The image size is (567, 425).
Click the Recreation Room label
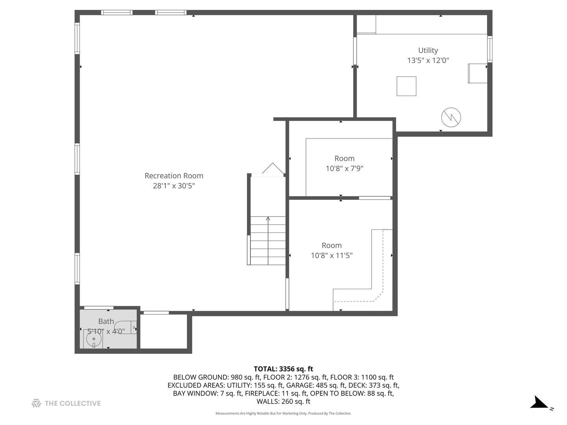174,176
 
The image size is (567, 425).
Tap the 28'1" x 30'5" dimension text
174,186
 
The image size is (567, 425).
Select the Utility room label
428,50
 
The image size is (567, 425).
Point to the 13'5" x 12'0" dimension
428,61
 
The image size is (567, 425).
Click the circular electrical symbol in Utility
451,117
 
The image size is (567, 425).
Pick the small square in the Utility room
406,86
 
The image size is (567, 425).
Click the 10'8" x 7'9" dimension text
344,168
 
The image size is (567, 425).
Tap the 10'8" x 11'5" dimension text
332,255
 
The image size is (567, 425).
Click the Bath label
106,322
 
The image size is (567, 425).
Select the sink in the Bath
93,339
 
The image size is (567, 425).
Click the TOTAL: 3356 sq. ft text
283,369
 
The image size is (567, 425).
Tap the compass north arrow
539,403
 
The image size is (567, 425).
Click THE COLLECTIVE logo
66,403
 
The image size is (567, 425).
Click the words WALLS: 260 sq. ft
283,401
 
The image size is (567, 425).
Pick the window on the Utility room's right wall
490,49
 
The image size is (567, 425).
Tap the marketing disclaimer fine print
283,414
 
